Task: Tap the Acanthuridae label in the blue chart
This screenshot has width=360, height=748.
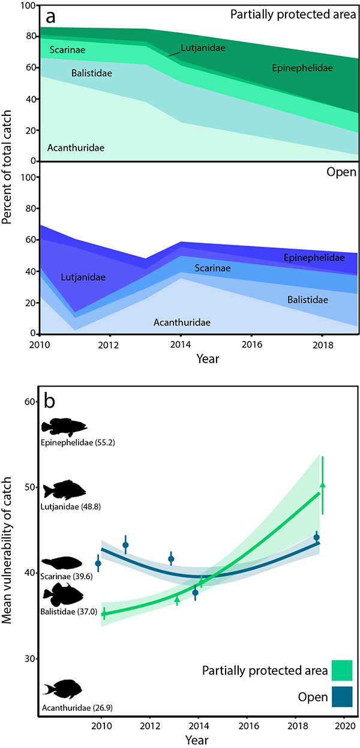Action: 182,322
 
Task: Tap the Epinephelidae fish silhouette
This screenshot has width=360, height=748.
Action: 64,427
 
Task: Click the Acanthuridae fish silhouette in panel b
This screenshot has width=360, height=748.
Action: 62,689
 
